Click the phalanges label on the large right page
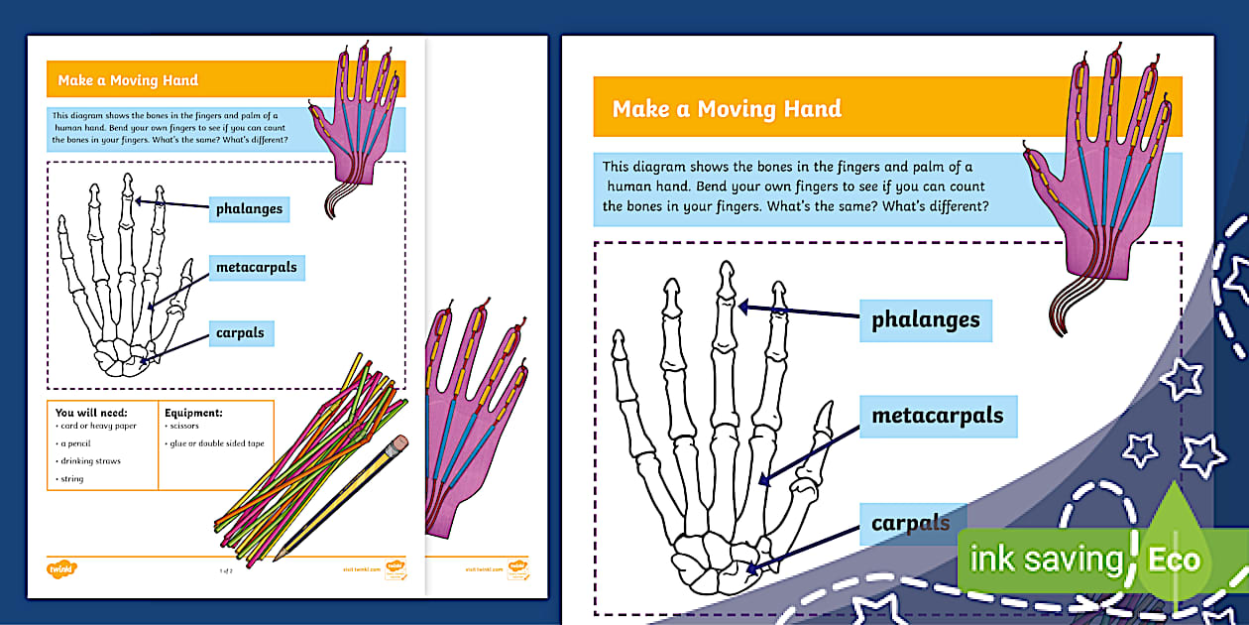925,320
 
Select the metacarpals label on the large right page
937,416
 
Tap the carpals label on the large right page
910,523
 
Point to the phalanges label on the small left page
249,208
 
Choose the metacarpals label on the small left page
256,268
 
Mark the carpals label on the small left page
240,332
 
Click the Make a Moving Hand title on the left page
128,80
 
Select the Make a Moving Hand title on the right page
727,108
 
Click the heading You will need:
91,412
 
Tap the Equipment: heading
193,412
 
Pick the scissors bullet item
184,426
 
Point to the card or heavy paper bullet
97,426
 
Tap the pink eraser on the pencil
398,442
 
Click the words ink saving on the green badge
1045,560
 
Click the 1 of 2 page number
226,570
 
